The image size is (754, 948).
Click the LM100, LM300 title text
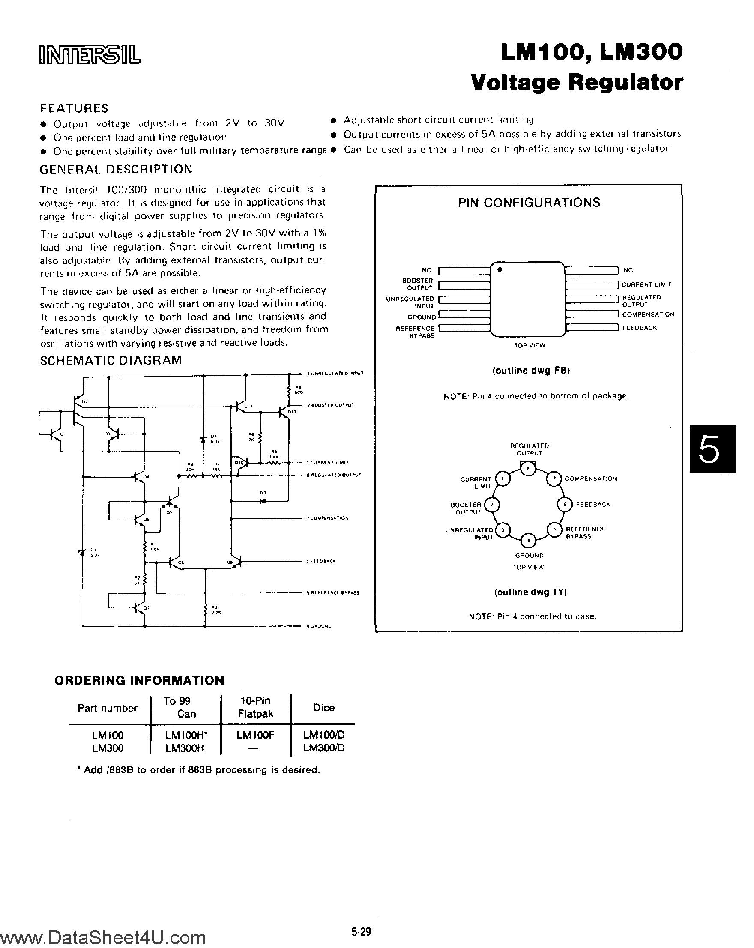point(591,52)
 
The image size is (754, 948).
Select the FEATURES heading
point(74,108)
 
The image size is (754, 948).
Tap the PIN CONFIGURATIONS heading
point(529,203)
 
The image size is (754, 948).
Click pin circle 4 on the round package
point(529,540)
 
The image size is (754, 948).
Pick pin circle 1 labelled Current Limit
point(503,478)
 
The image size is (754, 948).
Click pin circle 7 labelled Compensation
point(554,478)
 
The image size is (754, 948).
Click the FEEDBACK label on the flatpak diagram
point(639,328)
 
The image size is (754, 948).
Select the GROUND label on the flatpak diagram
point(421,317)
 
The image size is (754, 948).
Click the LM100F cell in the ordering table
point(255,735)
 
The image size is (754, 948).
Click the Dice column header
point(323,708)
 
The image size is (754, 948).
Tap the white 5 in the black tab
point(709,449)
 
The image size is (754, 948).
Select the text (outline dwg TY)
point(530,592)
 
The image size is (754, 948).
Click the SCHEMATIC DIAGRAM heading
point(111,361)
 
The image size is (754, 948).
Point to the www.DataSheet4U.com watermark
point(103,936)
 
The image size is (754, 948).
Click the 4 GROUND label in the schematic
point(320,626)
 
